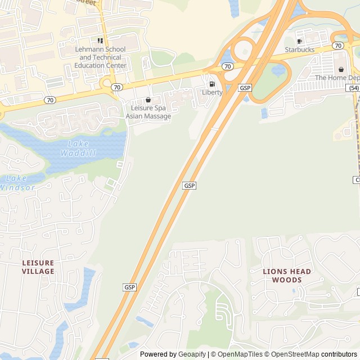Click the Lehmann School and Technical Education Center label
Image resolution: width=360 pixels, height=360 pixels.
click(100, 57)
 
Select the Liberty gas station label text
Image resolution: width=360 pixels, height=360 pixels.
click(212, 92)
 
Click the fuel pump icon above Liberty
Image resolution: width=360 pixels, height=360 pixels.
click(212, 84)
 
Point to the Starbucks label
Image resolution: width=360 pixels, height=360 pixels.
click(300, 49)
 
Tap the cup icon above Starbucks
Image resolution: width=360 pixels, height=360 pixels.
click(300, 41)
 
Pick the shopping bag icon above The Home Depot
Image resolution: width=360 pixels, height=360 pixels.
click(341, 69)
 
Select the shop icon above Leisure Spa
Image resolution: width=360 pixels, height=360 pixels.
click(148, 100)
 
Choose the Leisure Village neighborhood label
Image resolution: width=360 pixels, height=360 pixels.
click(38, 267)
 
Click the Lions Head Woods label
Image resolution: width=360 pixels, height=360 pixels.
click(287, 276)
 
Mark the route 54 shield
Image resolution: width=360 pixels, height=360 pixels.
click(353, 88)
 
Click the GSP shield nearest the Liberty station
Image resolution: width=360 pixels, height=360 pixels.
click(245, 88)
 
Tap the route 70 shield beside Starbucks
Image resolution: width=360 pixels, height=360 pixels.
click(337, 45)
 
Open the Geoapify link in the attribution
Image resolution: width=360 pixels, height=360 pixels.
click(192, 354)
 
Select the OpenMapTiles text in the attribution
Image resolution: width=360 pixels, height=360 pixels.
click(240, 354)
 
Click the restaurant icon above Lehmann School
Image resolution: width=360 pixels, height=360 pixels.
click(100, 40)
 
